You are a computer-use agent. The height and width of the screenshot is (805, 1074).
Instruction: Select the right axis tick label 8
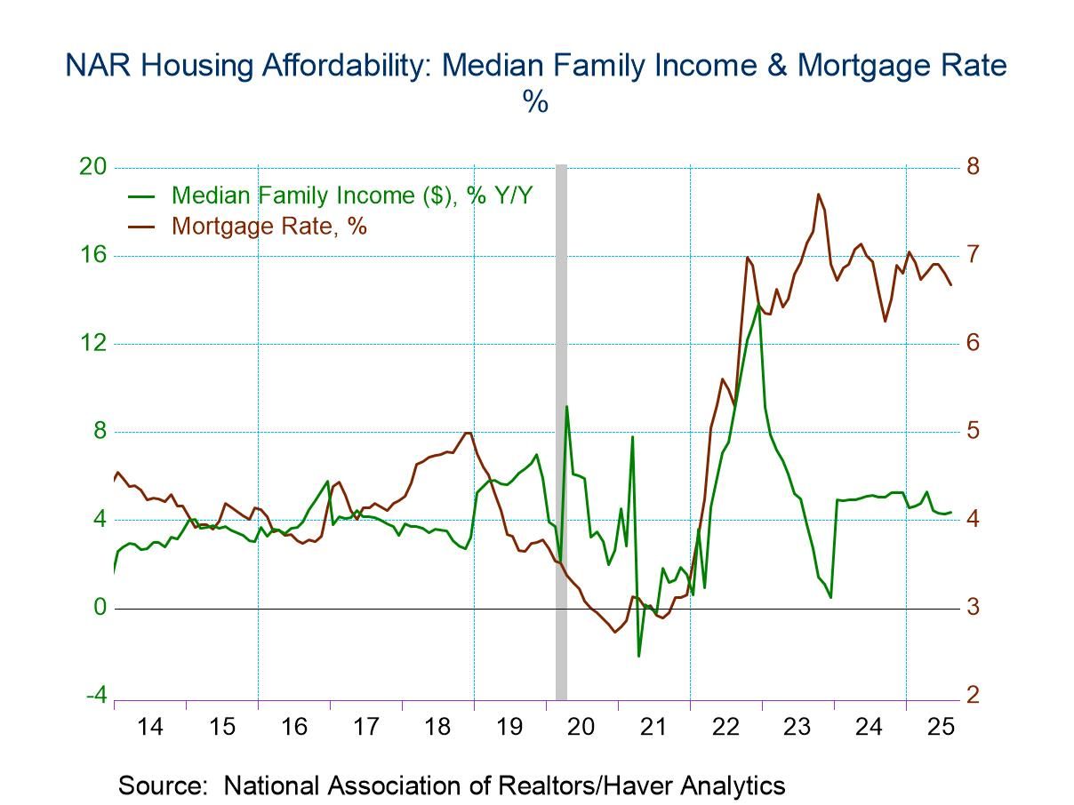973,167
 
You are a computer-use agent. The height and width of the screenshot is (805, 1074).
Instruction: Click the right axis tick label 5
973,431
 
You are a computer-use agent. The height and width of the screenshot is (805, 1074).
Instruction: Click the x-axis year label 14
150,726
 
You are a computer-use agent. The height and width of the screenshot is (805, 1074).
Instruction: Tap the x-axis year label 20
581,726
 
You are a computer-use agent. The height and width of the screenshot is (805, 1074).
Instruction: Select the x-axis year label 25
941,726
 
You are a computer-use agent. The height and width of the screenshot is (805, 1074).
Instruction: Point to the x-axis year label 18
437,726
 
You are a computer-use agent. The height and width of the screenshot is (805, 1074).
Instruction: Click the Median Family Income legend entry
351,195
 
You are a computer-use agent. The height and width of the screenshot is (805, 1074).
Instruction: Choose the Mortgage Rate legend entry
268,226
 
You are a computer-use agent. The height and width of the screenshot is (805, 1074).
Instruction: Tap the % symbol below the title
535,101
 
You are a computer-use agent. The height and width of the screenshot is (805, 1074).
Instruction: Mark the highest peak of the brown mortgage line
818,194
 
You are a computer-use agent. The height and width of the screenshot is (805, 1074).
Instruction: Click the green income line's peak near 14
758,305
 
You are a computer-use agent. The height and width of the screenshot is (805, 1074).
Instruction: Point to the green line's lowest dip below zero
638,656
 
